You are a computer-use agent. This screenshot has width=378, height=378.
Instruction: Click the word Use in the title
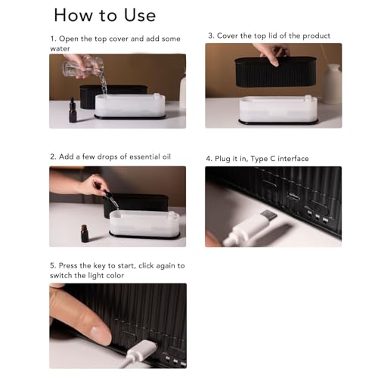140,15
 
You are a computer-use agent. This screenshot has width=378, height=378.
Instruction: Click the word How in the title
73,15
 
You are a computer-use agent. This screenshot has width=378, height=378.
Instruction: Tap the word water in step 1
60,48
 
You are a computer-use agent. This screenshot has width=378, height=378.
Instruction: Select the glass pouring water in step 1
83,67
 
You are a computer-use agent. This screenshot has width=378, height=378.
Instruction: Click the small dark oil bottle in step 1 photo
73,110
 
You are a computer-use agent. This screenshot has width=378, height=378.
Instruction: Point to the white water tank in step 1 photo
130,107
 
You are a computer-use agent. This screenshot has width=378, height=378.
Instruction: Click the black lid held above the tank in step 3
276,72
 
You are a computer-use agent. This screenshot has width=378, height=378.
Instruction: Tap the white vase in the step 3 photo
332,83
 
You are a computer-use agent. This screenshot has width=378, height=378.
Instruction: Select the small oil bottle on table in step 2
85,234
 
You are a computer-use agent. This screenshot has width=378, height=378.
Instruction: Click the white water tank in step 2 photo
144,225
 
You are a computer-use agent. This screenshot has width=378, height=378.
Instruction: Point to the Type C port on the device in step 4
294,195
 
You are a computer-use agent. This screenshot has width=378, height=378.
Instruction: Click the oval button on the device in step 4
319,206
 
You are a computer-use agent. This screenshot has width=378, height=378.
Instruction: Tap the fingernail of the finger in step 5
100,335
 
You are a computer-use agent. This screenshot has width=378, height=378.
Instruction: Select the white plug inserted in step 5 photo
141,350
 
